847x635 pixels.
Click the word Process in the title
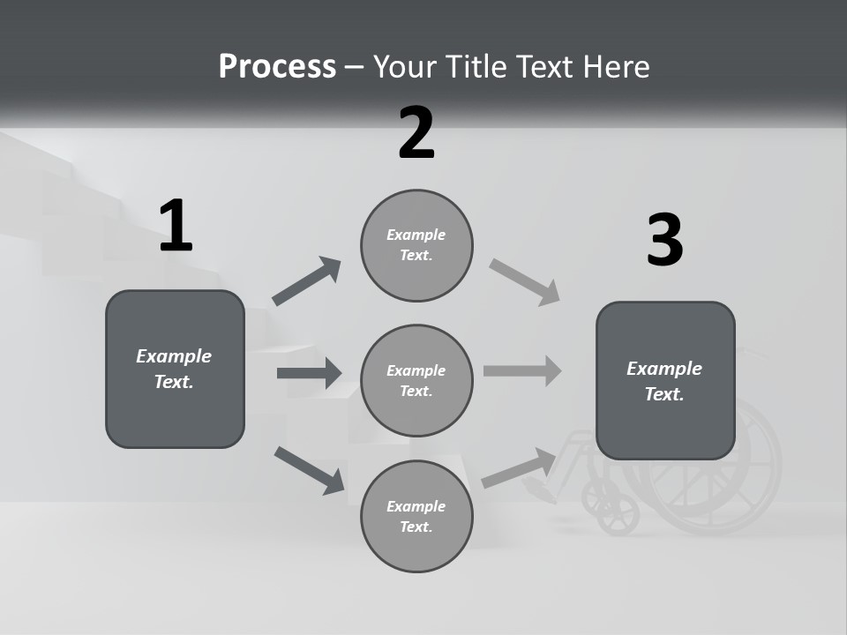[x=277, y=67]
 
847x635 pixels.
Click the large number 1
[x=176, y=226]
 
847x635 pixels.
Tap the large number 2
[x=416, y=133]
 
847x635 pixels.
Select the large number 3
[x=664, y=240]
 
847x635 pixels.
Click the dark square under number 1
[x=175, y=369]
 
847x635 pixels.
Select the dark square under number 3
[x=665, y=380]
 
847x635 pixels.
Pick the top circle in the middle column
[x=416, y=245]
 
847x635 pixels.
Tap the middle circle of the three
[x=416, y=380]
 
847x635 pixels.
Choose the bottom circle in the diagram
[x=416, y=516]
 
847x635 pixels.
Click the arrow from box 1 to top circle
[x=306, y=281]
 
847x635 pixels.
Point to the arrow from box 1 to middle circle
[x=309, y=373]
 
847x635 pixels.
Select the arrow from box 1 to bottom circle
[x=309, y=469]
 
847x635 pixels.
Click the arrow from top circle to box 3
[x=525, y=282]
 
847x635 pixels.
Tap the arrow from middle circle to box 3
[x=522, y=370]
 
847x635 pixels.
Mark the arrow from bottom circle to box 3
[x=519, y=467]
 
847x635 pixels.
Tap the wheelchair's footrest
[x=540, y=489]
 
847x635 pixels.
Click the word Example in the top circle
[x=416, y=235]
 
